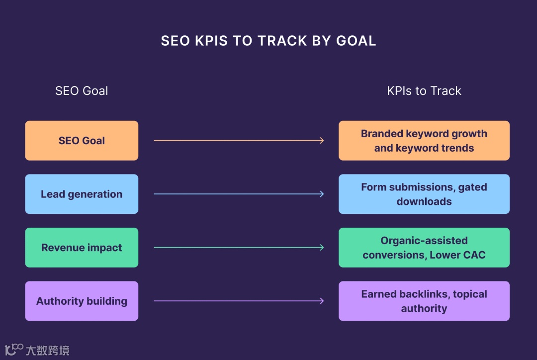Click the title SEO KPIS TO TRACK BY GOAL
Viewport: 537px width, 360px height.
click(x=268, y=41)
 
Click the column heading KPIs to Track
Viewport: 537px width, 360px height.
click(x=424, y=91)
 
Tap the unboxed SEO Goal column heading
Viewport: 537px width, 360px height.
click(x=82, y=91)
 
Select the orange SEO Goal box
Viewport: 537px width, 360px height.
click(x=82, y=141)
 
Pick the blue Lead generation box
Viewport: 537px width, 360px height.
click(x=82, y=194)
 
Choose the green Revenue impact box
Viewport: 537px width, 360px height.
click(x=82, y=248)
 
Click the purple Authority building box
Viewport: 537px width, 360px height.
click(x=82, y=301)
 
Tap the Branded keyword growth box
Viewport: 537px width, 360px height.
click(x=424, y=141)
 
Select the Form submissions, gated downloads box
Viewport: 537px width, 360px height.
click(x=424, y=194)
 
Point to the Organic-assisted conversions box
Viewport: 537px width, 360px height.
click(x=424, y=248)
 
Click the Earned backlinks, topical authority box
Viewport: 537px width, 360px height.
click(x=424, y=301)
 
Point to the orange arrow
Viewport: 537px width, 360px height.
click(x=239, y=141)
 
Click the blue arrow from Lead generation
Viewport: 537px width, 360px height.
click(x=239, y=194)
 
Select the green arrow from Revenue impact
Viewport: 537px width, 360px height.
click(x=239, y=248)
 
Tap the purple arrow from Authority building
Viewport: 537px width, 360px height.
click(x=239, y=301)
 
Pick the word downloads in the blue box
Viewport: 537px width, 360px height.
click(x=424, y=202)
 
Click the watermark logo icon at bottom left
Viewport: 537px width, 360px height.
click(x=13, y=349)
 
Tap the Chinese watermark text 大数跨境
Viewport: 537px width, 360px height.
click(x=48, y=350)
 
